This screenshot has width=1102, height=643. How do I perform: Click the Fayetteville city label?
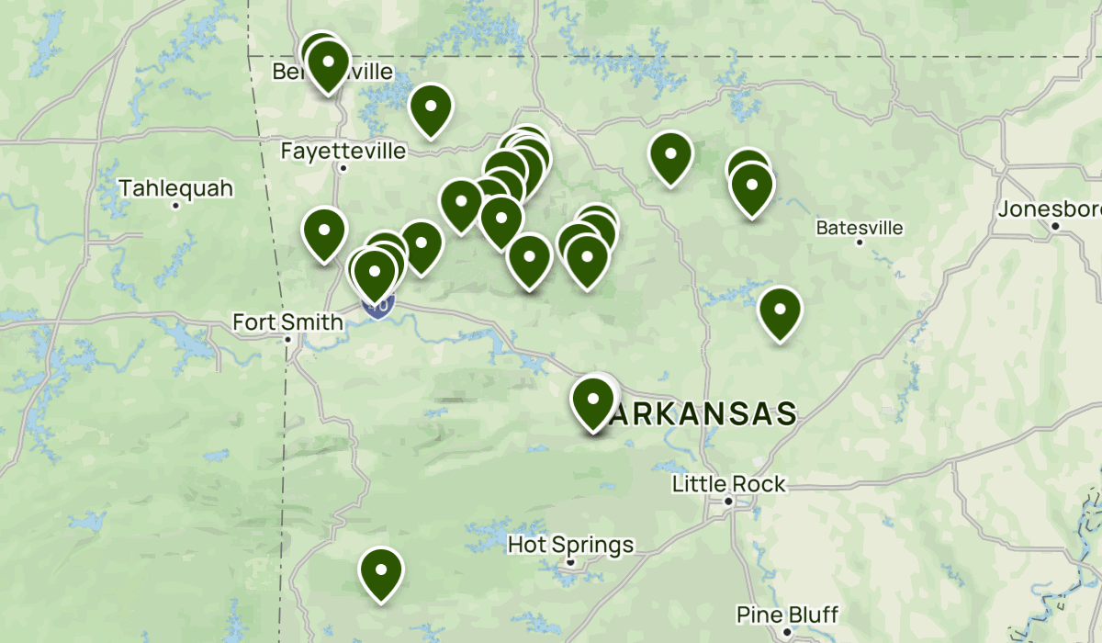click(343, 151)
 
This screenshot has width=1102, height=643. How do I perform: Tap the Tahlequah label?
click(176, 189)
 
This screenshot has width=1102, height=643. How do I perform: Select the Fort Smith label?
click(287, 322)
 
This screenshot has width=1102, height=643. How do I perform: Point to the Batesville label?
click(860, 228)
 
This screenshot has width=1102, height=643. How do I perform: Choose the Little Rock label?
click(728, 484)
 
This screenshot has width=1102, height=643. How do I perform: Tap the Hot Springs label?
click(570, 546)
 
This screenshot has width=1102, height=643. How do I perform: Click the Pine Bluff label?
click(787, 615)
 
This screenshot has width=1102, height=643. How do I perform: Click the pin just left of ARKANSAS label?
click(592, 401)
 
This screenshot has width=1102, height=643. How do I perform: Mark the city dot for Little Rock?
click(728, 502)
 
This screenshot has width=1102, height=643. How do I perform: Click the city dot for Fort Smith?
click(287, 339)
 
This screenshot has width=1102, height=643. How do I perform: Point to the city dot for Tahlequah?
click(175, 205)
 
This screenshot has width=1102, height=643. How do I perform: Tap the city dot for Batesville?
click(860, 243)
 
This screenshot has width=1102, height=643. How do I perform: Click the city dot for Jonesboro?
click(1056, 226)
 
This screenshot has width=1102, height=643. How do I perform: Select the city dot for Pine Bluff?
click(787, 632)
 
